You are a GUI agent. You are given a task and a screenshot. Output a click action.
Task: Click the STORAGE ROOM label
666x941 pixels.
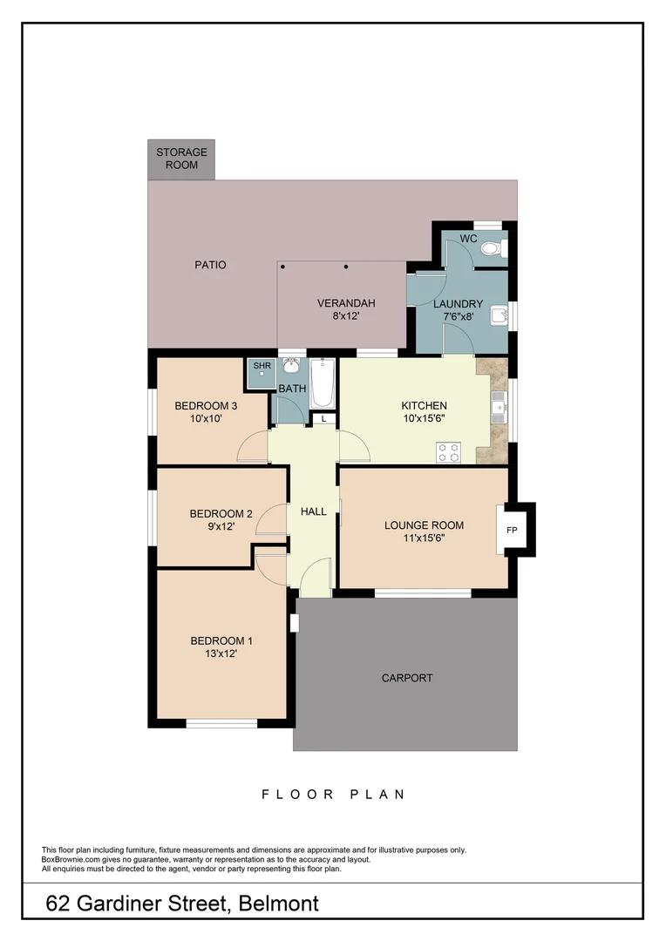point(181,159)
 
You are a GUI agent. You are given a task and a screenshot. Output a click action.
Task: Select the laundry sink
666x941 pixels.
point(499,314)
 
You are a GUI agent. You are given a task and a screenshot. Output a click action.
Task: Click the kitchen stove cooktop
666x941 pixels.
point(449,452)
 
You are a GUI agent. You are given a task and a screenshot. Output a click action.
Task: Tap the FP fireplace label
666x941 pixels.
point(512,530)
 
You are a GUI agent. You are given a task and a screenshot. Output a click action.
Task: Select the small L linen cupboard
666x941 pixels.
point(324,419)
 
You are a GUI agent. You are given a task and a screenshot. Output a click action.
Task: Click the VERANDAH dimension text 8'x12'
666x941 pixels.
point(346,317)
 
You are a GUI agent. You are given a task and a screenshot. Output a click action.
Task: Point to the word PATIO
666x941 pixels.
point(210,265)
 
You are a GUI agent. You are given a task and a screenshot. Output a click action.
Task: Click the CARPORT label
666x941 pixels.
point(407,678)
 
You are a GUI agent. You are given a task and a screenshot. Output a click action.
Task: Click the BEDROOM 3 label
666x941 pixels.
point(206,406)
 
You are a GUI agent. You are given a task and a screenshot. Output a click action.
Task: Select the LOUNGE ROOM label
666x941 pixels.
point(424,525)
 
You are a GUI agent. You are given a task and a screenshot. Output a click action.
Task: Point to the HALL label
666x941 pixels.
point(313,511)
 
